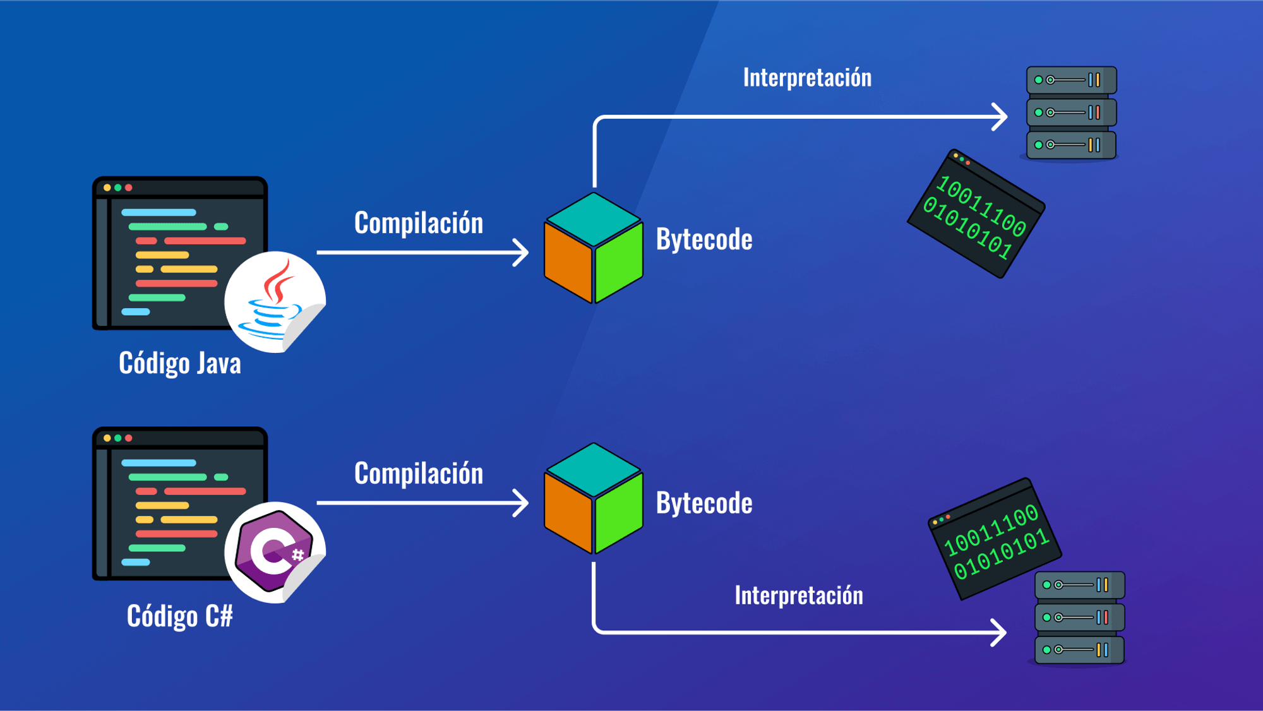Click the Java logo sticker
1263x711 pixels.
click(x=275, y=302)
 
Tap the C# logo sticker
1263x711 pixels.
click(x=275, y=552)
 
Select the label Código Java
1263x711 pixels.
click(x=180, y=363)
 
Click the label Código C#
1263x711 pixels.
click(x=180, y=616)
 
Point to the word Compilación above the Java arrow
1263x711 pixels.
click(x=419, y=223)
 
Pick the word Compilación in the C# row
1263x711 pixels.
click(x=419, y=474)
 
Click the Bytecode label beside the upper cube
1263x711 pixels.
click(x=704, y=239)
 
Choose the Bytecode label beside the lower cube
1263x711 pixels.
click(x=704, y=503)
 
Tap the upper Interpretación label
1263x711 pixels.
click(x=807, y=78)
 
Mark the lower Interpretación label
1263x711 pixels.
click(x=799, y=595)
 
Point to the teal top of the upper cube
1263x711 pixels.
click(x=594, y=218)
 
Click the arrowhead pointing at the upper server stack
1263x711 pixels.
click(x=1000, y=117)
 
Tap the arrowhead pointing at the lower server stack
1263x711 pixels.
click(x=999, y=632)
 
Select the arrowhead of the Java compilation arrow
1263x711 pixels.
click(x=522, y=253)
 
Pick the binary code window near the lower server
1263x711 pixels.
click(x=995, y=539)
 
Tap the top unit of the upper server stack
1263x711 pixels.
click(x=1071, y=80)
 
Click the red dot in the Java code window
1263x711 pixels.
click(x=129, y=188)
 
